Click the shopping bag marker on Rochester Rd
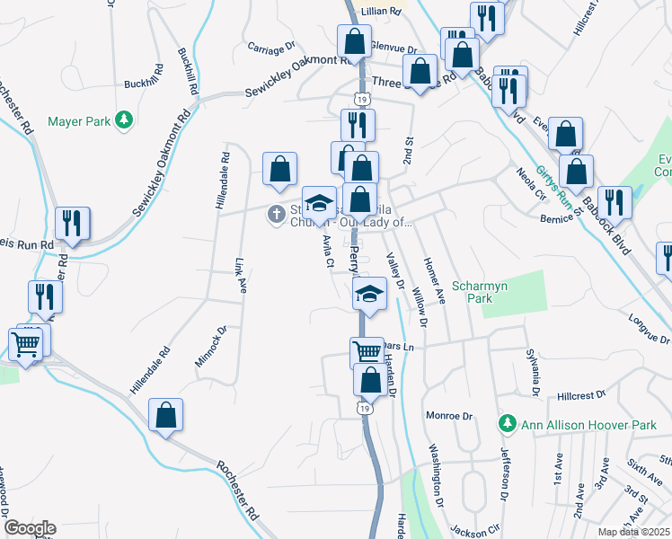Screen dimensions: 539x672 [165, 416]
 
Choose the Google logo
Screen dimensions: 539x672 [30, 527]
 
